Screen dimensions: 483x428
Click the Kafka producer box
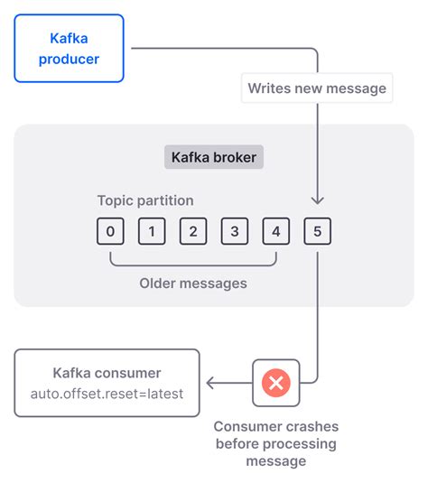70,48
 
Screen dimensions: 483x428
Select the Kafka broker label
213,157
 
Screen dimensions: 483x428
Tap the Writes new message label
317,88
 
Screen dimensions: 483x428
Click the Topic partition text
145,200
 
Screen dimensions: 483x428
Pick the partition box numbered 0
110,232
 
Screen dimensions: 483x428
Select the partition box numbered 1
152,232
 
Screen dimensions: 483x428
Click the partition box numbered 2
193,232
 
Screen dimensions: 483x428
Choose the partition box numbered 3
235,232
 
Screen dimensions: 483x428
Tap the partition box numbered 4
276,232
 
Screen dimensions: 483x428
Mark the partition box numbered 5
318,232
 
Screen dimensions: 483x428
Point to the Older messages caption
193,283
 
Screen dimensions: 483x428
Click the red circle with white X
275,383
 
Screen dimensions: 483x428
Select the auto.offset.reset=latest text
107,394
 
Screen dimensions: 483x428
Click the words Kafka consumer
107,373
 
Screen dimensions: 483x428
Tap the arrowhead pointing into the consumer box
210,383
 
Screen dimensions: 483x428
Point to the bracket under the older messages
193,263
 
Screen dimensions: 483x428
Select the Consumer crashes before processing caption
275,443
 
